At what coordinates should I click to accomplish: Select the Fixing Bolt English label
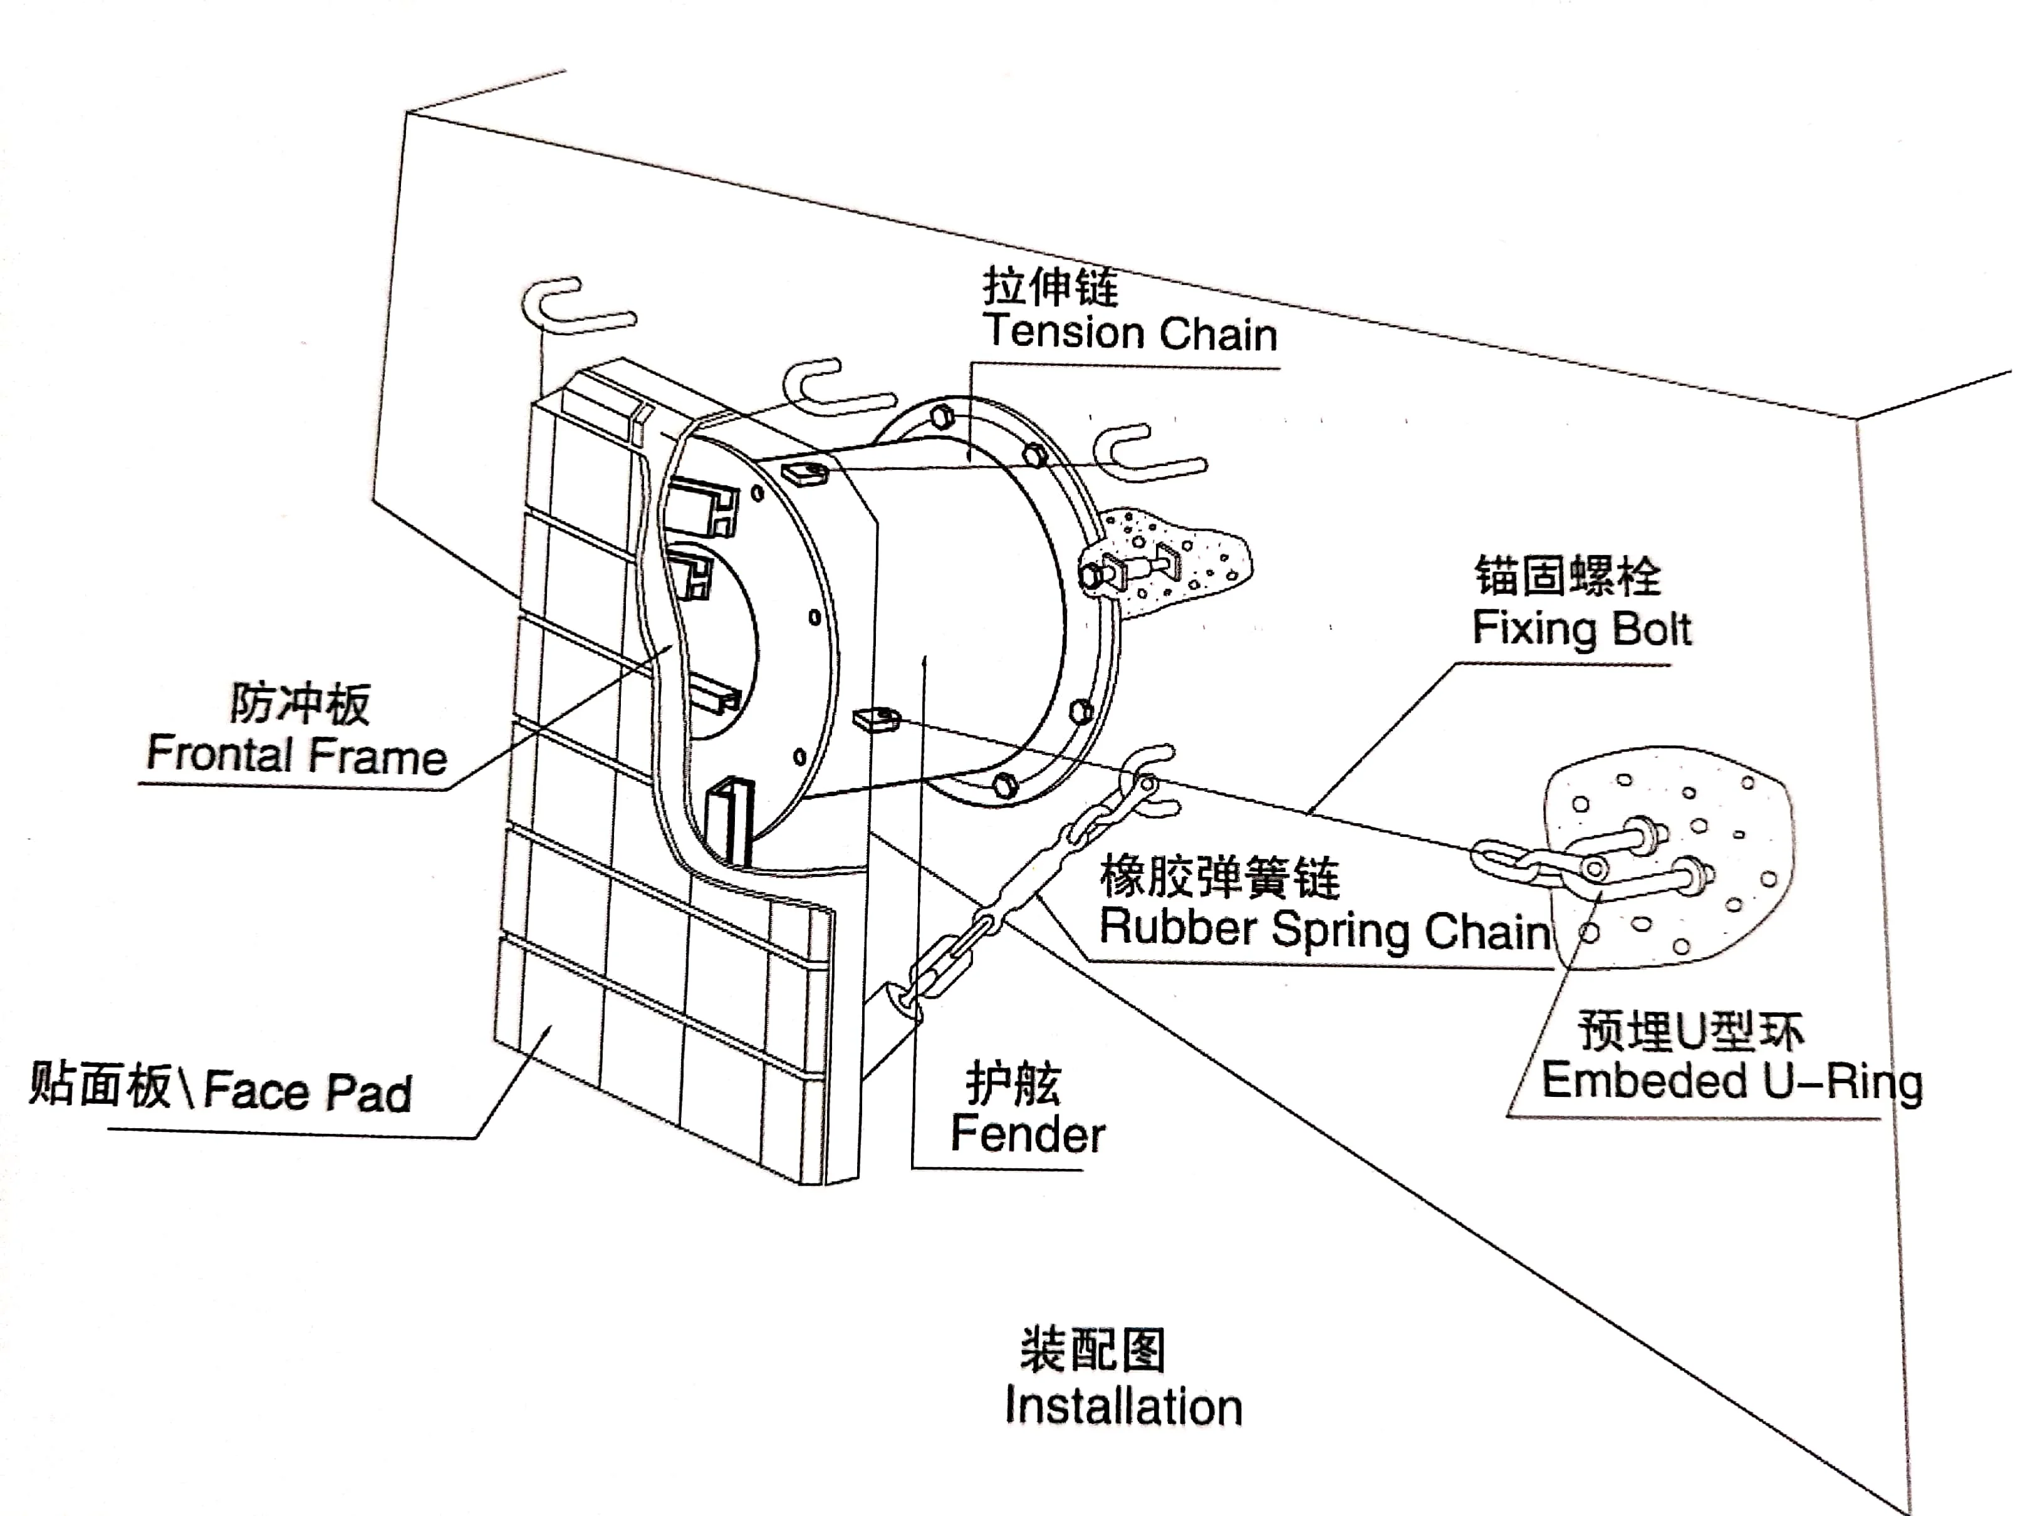[x=1581, y=629]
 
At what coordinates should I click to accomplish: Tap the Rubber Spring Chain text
[x=1324, y=929]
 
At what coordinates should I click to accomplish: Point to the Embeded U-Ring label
[x=1731, y=1082]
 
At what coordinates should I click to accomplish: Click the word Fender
[x=1028, y=1135]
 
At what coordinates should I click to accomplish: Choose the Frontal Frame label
[x=297, y=755]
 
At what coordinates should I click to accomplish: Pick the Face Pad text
[x=308, y=1093]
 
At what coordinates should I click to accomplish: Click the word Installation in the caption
[x=1123, y=1406]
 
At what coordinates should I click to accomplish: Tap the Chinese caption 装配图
[x=1092, y=1351]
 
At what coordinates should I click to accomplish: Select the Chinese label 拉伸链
[x=1050, y=287]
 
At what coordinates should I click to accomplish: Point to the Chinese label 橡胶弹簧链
[x=1219, y=877]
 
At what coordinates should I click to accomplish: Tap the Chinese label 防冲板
[x=299, y=703]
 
